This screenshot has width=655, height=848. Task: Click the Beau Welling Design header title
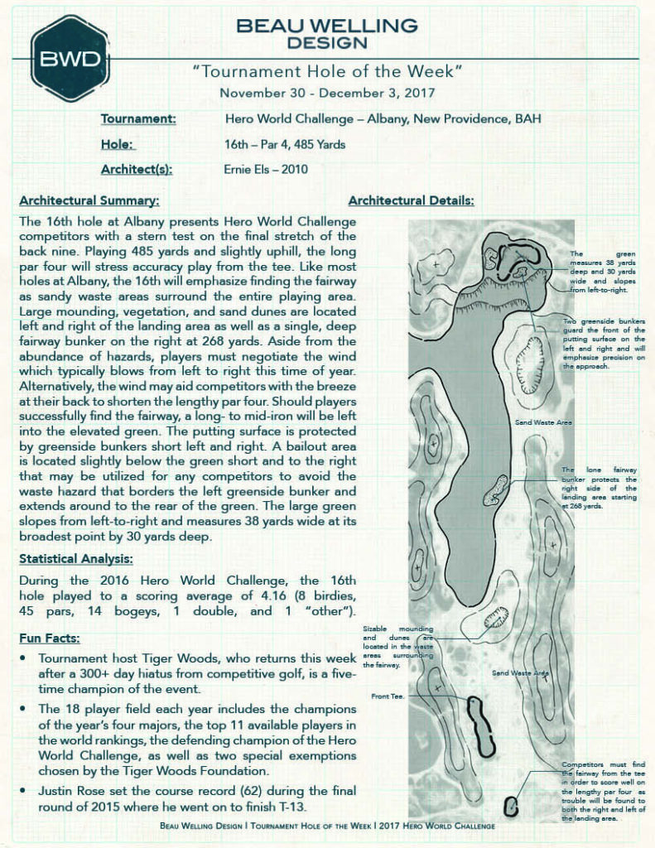[x=326, y=33]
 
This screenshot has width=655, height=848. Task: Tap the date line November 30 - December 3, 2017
[x=326, y=94]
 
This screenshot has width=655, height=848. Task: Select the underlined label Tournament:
[x=138, y=119]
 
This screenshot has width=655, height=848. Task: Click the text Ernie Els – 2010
[x=266, y=169]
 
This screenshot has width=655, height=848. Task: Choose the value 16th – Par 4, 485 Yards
[x=285, y=144]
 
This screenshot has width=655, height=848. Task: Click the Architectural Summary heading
[x=89, y=201]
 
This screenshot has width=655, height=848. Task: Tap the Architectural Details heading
[x=411, y=201]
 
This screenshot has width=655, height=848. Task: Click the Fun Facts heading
[x=51, y=638]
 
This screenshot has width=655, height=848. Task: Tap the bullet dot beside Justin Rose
[x=25, y=792]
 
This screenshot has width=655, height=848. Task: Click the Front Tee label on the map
[x=387, y=696]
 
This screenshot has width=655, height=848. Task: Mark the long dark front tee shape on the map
[x=479, y=726]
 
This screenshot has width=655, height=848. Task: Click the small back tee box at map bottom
[x=511, y=806]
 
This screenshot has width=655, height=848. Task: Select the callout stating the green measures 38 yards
[x=603, y=272]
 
